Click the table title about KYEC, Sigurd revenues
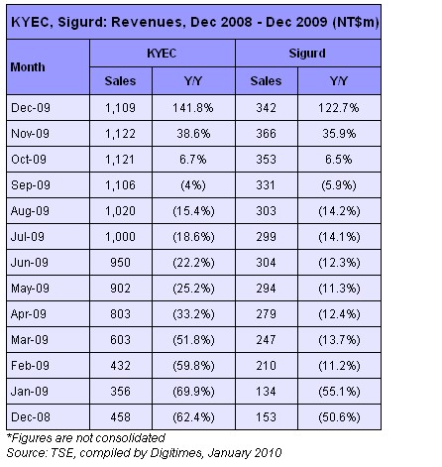click(x=195, y=22)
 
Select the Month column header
click(x=28, y=67)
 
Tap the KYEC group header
click(x=162, y=54)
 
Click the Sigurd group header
click(x=307, y=54)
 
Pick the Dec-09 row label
click(x=31, y=108)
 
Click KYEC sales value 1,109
click(x=120, y=108)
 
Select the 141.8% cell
click(x=193, y=108)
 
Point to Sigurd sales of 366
click(x=266, y=134)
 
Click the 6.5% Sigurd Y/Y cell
click(x=339, y=160)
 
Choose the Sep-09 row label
click(x=31, y=185)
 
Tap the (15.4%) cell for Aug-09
click(x=193, y=211)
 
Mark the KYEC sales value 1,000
click(x=120, y=237)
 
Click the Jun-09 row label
click(x=30, y=263)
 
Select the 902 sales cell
click(x=120, y=289)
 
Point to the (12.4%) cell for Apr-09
click(x=339, y=314)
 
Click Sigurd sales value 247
click(x=266, y=340)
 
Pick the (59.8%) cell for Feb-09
click(x=193, y=366)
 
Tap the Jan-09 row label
click(x=30, y=392)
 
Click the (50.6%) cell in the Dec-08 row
click(x=339, y=417)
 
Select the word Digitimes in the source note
click(x=176, y=453)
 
